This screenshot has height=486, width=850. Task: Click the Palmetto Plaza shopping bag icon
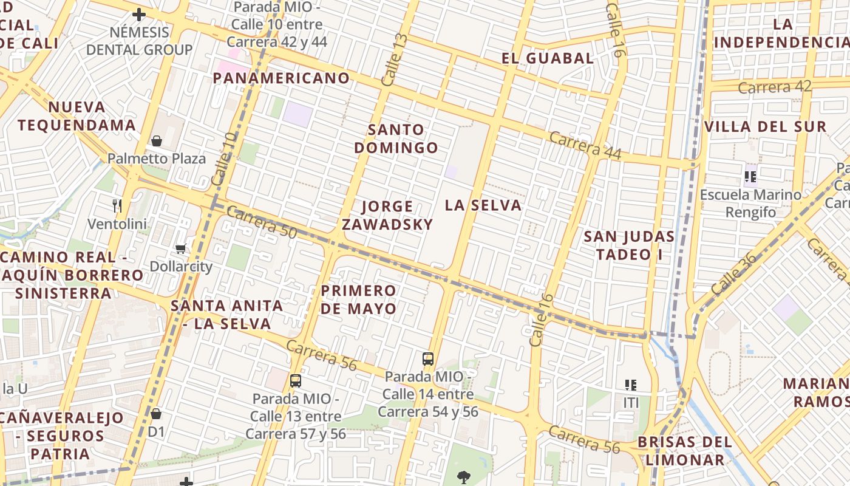(157, 141)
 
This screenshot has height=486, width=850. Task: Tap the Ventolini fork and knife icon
(117, 206)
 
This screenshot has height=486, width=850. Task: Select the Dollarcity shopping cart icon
(180, 248)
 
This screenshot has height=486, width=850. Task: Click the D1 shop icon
(156, 414)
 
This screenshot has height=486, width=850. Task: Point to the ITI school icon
(631, 385)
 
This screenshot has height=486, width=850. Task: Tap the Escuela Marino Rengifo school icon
(750, 177)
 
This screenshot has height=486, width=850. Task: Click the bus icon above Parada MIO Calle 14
(428, 358)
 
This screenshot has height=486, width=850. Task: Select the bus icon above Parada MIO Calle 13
(296, 381)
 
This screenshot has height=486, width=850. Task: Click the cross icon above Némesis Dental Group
(139, 14)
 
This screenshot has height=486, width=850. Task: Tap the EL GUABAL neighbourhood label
(548, 58)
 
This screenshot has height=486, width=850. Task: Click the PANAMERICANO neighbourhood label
(281, 78)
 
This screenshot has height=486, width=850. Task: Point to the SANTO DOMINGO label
(396, 139)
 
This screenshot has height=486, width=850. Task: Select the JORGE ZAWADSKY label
(387, 215)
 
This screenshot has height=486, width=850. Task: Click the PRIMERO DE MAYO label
(358, 299)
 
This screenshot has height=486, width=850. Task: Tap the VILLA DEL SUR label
(765, 127)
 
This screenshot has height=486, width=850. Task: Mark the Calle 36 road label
(734, 275)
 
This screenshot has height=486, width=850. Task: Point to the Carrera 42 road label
(774, 87)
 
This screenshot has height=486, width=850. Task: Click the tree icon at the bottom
(464, 476)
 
